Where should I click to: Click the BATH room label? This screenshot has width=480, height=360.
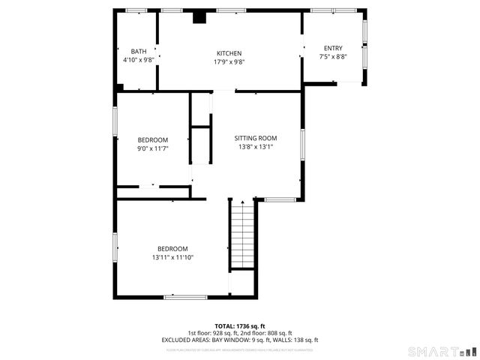click(x=139, y=51)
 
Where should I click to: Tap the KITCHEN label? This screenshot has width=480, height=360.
click(x=229, y=53)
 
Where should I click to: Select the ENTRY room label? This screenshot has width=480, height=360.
click(x=333, y=48)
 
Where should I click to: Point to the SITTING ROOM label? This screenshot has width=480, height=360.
click(x=256, y=138)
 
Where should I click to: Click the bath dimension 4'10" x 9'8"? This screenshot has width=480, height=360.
click(x=139, y=59)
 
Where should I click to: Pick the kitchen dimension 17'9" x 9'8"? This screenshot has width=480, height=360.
click(x=229, y=61)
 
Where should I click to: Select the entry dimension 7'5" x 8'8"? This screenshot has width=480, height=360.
click(x=333, y=56)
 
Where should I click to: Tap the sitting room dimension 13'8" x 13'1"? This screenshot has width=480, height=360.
click(x=256, y=147)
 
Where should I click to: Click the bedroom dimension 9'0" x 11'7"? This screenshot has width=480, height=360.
click(x=152, y=148)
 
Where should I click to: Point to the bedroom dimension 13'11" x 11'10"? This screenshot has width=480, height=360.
click(x=172, y=257)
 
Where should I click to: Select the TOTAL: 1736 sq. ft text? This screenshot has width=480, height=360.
click(x=240, y=326)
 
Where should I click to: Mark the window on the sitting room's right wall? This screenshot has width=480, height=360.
click(x=303, y=144)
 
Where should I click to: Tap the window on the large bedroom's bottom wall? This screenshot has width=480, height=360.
click(x=185, y=297)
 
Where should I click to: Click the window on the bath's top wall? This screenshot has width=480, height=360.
click(x=136, y=10)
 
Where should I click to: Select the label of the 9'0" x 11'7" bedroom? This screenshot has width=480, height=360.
click(x=152, y=140)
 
